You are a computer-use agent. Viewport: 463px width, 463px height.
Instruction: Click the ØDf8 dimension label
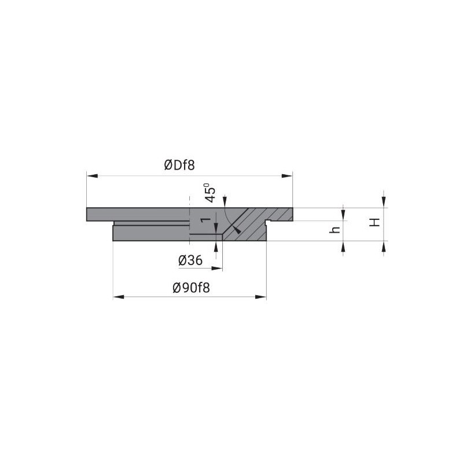pyautogui.click(x=179, y=166)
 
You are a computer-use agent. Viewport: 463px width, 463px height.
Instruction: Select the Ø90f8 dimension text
pyautogui.click(x=192, y=288)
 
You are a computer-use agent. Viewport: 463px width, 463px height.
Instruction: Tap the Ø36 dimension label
pyautogui.click(x=190, y=260)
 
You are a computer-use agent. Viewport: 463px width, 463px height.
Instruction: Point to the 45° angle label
pyautogui.click(x=210, y=193)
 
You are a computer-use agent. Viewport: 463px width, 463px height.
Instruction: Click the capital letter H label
pyautogui.click(x=374, y=222)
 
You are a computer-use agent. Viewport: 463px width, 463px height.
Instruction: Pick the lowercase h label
pyautogui.click(x=335, y=230)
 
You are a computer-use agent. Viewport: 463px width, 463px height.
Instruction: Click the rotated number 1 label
pyautogui.click(x=205, y=220)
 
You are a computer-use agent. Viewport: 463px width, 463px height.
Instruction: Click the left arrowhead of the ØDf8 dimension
pyautogui.click(x=92, y=176)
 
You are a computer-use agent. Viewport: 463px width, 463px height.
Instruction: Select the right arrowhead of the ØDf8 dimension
pyautogui.click(x=287, y=176)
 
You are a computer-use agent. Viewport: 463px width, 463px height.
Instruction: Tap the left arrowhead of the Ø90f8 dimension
pyautogui.click(x=119, y=297)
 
